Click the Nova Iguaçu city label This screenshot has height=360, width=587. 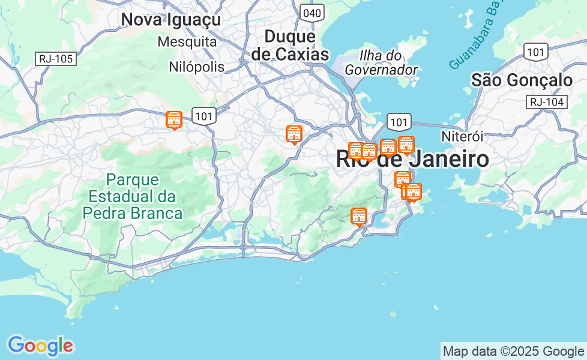coord(171,19)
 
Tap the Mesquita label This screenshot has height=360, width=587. coord(187,42)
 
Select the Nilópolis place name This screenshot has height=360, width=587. coord(197,67)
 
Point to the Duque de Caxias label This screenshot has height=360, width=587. coord(290,45)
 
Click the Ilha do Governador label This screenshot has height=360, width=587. coord(381,62)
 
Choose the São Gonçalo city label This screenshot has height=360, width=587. coord(522,80)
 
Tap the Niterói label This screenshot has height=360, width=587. coord(462,136)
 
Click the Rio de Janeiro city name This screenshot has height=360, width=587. coord(412,160)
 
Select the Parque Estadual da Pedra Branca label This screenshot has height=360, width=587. coord(133,196)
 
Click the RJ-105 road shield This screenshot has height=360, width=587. coord(56,58)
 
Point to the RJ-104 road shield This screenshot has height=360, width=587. coord(547,102)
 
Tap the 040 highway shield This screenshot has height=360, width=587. coord(313,13)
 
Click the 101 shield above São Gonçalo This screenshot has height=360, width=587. coord(535,52)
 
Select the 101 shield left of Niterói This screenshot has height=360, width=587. coord(399,122)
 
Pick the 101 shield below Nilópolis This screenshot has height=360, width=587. coord(204,116)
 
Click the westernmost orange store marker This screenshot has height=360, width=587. coord(174,120)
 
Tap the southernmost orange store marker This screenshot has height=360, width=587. coord(359,216)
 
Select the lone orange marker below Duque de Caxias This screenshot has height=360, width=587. coord(293,134)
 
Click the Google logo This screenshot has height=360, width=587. coord(40,346)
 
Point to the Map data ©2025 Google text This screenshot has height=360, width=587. coord(513,352)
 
